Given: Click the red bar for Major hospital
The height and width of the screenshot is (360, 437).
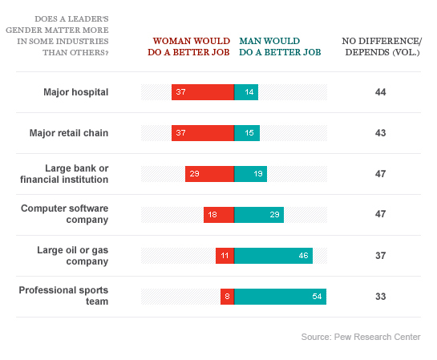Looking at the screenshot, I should (202, 92).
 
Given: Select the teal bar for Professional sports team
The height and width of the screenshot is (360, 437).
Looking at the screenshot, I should (280, 297).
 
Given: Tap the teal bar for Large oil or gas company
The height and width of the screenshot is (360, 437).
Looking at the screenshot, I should (273, 256).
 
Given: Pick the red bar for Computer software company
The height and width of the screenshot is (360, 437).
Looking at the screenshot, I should (218, 215).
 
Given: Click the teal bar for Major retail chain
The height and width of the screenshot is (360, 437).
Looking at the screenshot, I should (247, 133).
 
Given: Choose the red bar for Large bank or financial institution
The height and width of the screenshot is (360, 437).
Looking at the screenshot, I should (209, 174).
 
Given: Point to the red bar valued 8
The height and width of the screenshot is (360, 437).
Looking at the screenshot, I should (227, 297).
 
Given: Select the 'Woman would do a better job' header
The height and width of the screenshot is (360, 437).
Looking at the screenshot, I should (190, 46).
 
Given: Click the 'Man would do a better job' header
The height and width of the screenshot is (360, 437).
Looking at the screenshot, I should (280, 46).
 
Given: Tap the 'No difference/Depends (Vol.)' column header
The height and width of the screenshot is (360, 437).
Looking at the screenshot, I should (381, 46).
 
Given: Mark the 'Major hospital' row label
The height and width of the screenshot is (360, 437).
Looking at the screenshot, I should (76, 92).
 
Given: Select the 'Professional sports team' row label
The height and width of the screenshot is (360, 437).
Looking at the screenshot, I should (64, 297).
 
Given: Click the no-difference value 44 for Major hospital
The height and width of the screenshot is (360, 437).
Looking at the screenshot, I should (381, 92).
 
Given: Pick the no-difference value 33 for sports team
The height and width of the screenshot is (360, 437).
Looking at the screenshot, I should (381, 297).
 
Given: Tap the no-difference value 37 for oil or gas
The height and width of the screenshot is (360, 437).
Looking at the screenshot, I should (381, 256).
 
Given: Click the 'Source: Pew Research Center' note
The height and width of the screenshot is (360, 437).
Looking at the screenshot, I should (361, 337).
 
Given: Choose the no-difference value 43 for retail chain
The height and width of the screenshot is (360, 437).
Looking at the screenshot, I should (381, 133).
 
